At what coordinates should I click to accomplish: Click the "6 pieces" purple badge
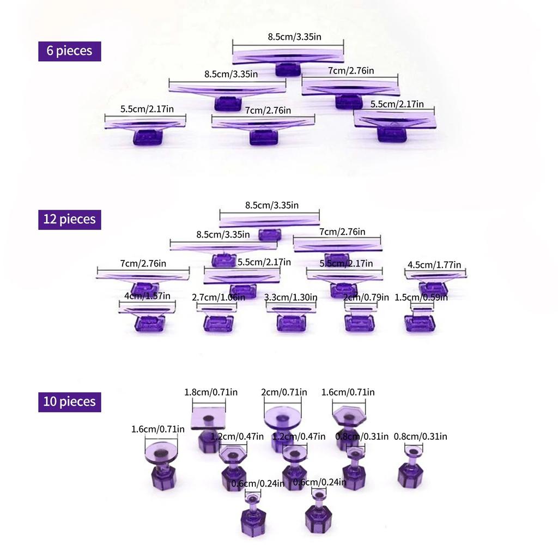(69, 51)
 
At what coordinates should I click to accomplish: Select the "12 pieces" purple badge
(69, 219)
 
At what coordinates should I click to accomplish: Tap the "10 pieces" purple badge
(69, 402)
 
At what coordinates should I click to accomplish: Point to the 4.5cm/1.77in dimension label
(435, 265)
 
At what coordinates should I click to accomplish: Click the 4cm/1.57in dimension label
(147, 296)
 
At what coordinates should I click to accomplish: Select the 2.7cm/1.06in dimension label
(217, 297)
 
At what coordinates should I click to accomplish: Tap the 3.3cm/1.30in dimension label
(291, 297)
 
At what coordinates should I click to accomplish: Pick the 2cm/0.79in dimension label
(366, 297)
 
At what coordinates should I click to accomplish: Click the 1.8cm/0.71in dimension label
(211, 392)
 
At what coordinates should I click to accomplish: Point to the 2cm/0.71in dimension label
(284, 392)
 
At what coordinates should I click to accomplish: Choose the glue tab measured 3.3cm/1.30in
(290, 318)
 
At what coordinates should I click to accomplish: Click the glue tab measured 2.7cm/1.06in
(218, 318)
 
